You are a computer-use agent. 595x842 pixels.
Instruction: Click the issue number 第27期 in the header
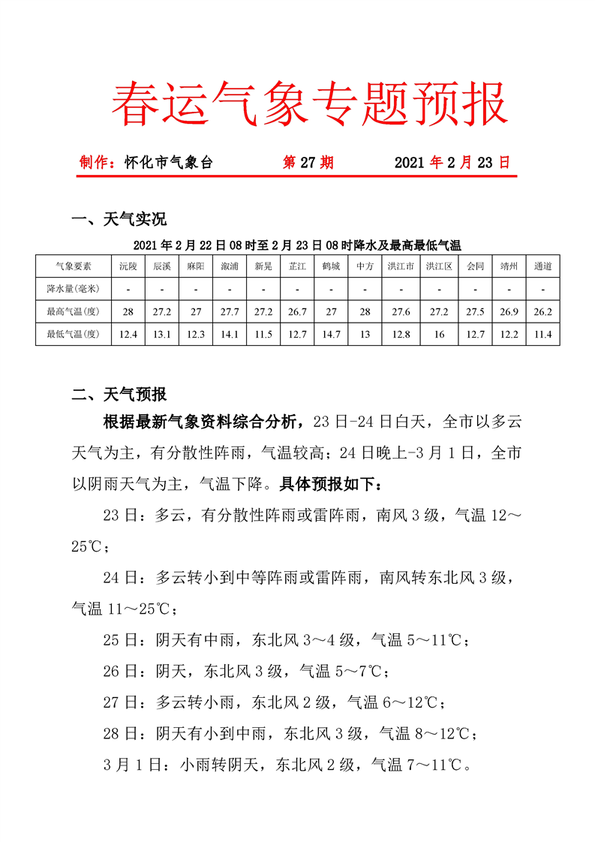(308, 163)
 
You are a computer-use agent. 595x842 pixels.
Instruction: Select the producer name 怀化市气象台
(169, 163)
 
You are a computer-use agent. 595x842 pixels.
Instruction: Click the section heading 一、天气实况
(119, 219)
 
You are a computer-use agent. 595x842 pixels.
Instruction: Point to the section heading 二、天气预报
(119, 394)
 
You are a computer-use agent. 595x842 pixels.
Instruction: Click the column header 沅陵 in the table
(128, 266)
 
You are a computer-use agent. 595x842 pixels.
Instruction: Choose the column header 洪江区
(439, 266)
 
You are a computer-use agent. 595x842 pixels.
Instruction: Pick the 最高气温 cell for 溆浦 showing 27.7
(230, 311)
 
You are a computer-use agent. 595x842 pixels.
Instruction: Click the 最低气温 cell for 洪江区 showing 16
(439, 334)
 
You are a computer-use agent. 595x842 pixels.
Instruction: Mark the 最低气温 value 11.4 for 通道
(542, 334)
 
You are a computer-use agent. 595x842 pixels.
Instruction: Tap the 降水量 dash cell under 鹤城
(331, 288)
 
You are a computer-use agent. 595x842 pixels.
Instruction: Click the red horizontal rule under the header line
(297, 177)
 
